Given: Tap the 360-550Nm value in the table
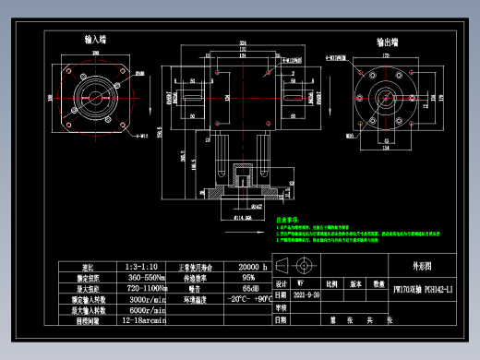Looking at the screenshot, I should click(x=145, y=276).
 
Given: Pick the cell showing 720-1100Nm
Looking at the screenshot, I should click(x=145, y=286).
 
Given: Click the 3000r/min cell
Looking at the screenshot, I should click(x=145, y=299).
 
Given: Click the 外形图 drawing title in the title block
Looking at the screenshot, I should click(x=409, y=264).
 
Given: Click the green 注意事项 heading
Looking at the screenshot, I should click(x=293, y=220).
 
